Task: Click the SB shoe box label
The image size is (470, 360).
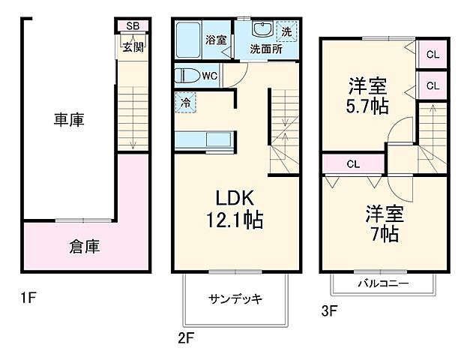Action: (x=133, y=26)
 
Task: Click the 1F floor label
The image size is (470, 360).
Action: (x=28, y=298)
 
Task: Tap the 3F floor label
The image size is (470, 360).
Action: (x=328, y=308)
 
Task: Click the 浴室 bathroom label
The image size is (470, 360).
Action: (x=216, y=40)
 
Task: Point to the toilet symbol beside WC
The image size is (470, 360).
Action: (x=186, y=76)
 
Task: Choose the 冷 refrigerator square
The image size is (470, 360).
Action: (x=184, y=103)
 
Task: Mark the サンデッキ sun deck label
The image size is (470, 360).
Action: (x=235, y=298)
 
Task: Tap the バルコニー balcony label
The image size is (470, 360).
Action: (x=382, y=284)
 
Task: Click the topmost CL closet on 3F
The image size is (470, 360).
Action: (x=433, y=53)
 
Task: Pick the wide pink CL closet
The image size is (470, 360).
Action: (x=352, y=163)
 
